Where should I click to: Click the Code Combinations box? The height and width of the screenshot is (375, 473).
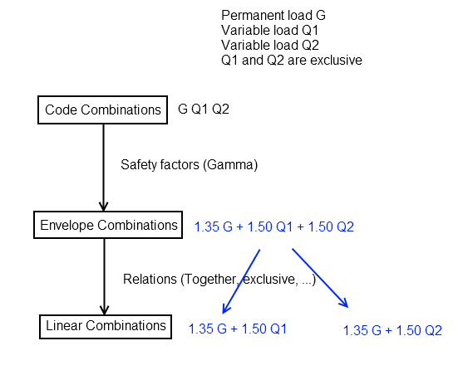[102, 110]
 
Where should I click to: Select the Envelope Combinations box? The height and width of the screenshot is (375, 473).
[108, 225]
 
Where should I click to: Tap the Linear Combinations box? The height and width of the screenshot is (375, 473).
[106, 327]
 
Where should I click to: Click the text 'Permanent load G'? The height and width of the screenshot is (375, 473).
[273, 16]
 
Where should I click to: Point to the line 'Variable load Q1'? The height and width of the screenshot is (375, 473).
[269, 30]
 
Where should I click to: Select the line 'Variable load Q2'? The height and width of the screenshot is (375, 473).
[270, 45]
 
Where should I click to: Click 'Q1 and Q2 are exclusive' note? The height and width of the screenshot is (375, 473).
[292, 61]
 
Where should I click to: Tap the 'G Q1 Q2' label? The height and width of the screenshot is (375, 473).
[204, 109]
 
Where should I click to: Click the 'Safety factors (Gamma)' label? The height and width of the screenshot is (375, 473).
[190, 164]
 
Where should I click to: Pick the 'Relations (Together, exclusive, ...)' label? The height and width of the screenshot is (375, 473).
[219, 280]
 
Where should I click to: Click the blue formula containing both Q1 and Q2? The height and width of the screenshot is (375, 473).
[273, 226]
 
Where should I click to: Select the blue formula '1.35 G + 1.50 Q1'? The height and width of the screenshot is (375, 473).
[238, 329]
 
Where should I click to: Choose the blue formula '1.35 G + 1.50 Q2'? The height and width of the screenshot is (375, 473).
[392, 330]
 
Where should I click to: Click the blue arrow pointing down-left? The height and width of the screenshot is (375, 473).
[241, 281]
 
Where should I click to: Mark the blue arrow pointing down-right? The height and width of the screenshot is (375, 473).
[320, 278]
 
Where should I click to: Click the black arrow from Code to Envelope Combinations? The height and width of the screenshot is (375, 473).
[103, 168]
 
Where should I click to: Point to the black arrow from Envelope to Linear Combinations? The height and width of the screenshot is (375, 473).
[105, 276]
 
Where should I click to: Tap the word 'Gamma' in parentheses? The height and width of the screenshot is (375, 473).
[230, 164]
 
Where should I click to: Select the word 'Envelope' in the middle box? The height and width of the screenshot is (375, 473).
[67, 226]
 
